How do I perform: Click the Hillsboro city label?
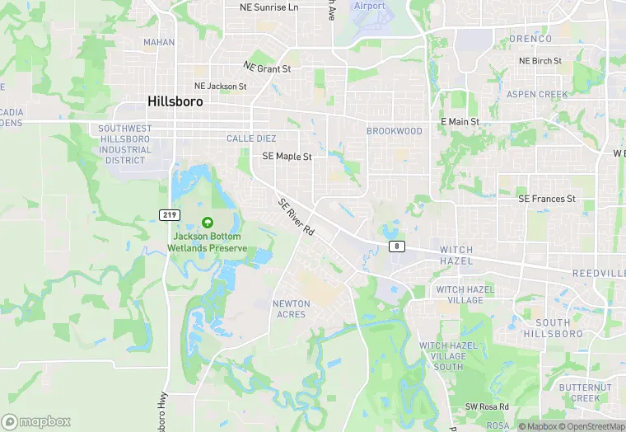coord(175,101)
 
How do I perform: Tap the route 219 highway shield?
coord(169,214)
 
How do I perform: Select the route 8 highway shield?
coord(397,247)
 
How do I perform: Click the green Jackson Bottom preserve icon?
coord(207,222)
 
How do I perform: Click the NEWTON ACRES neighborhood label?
coord(292,308)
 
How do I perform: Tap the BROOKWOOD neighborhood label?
coord(394,131)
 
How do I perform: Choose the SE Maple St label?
coord(287,156)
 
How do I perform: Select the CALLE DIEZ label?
coord(251,139)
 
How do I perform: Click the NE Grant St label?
coord(268,68)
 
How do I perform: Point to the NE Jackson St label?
coord(220,86)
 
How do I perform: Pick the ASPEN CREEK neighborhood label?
coord(537,95)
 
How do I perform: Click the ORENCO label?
coord(530,39)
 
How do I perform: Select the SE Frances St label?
coord(546,199)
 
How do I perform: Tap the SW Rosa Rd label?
coord(487,406)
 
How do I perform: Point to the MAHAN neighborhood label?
coord(159,42)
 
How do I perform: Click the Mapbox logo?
coord(37,421)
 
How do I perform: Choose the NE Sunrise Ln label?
coord(269,7)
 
